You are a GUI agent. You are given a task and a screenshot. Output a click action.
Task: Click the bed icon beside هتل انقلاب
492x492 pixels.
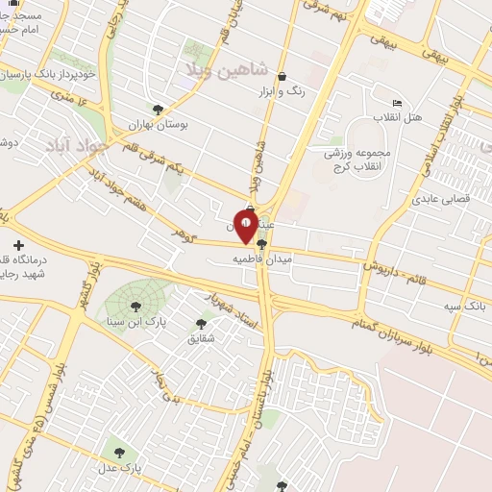pyautogui.click(x=397, y=104)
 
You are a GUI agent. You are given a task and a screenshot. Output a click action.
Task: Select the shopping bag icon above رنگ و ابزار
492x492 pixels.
pyautogui.click(x=281, y=77)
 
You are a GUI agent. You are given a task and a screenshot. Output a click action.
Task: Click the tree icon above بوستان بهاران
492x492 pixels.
pyautogui.click(x=157, y=109)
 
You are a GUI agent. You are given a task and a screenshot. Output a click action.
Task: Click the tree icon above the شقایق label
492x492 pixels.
pyautogui.click(x=200, y=324)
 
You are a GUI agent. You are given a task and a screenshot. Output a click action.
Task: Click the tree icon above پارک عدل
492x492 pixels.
pyautogui.click(x=119, y=448)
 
